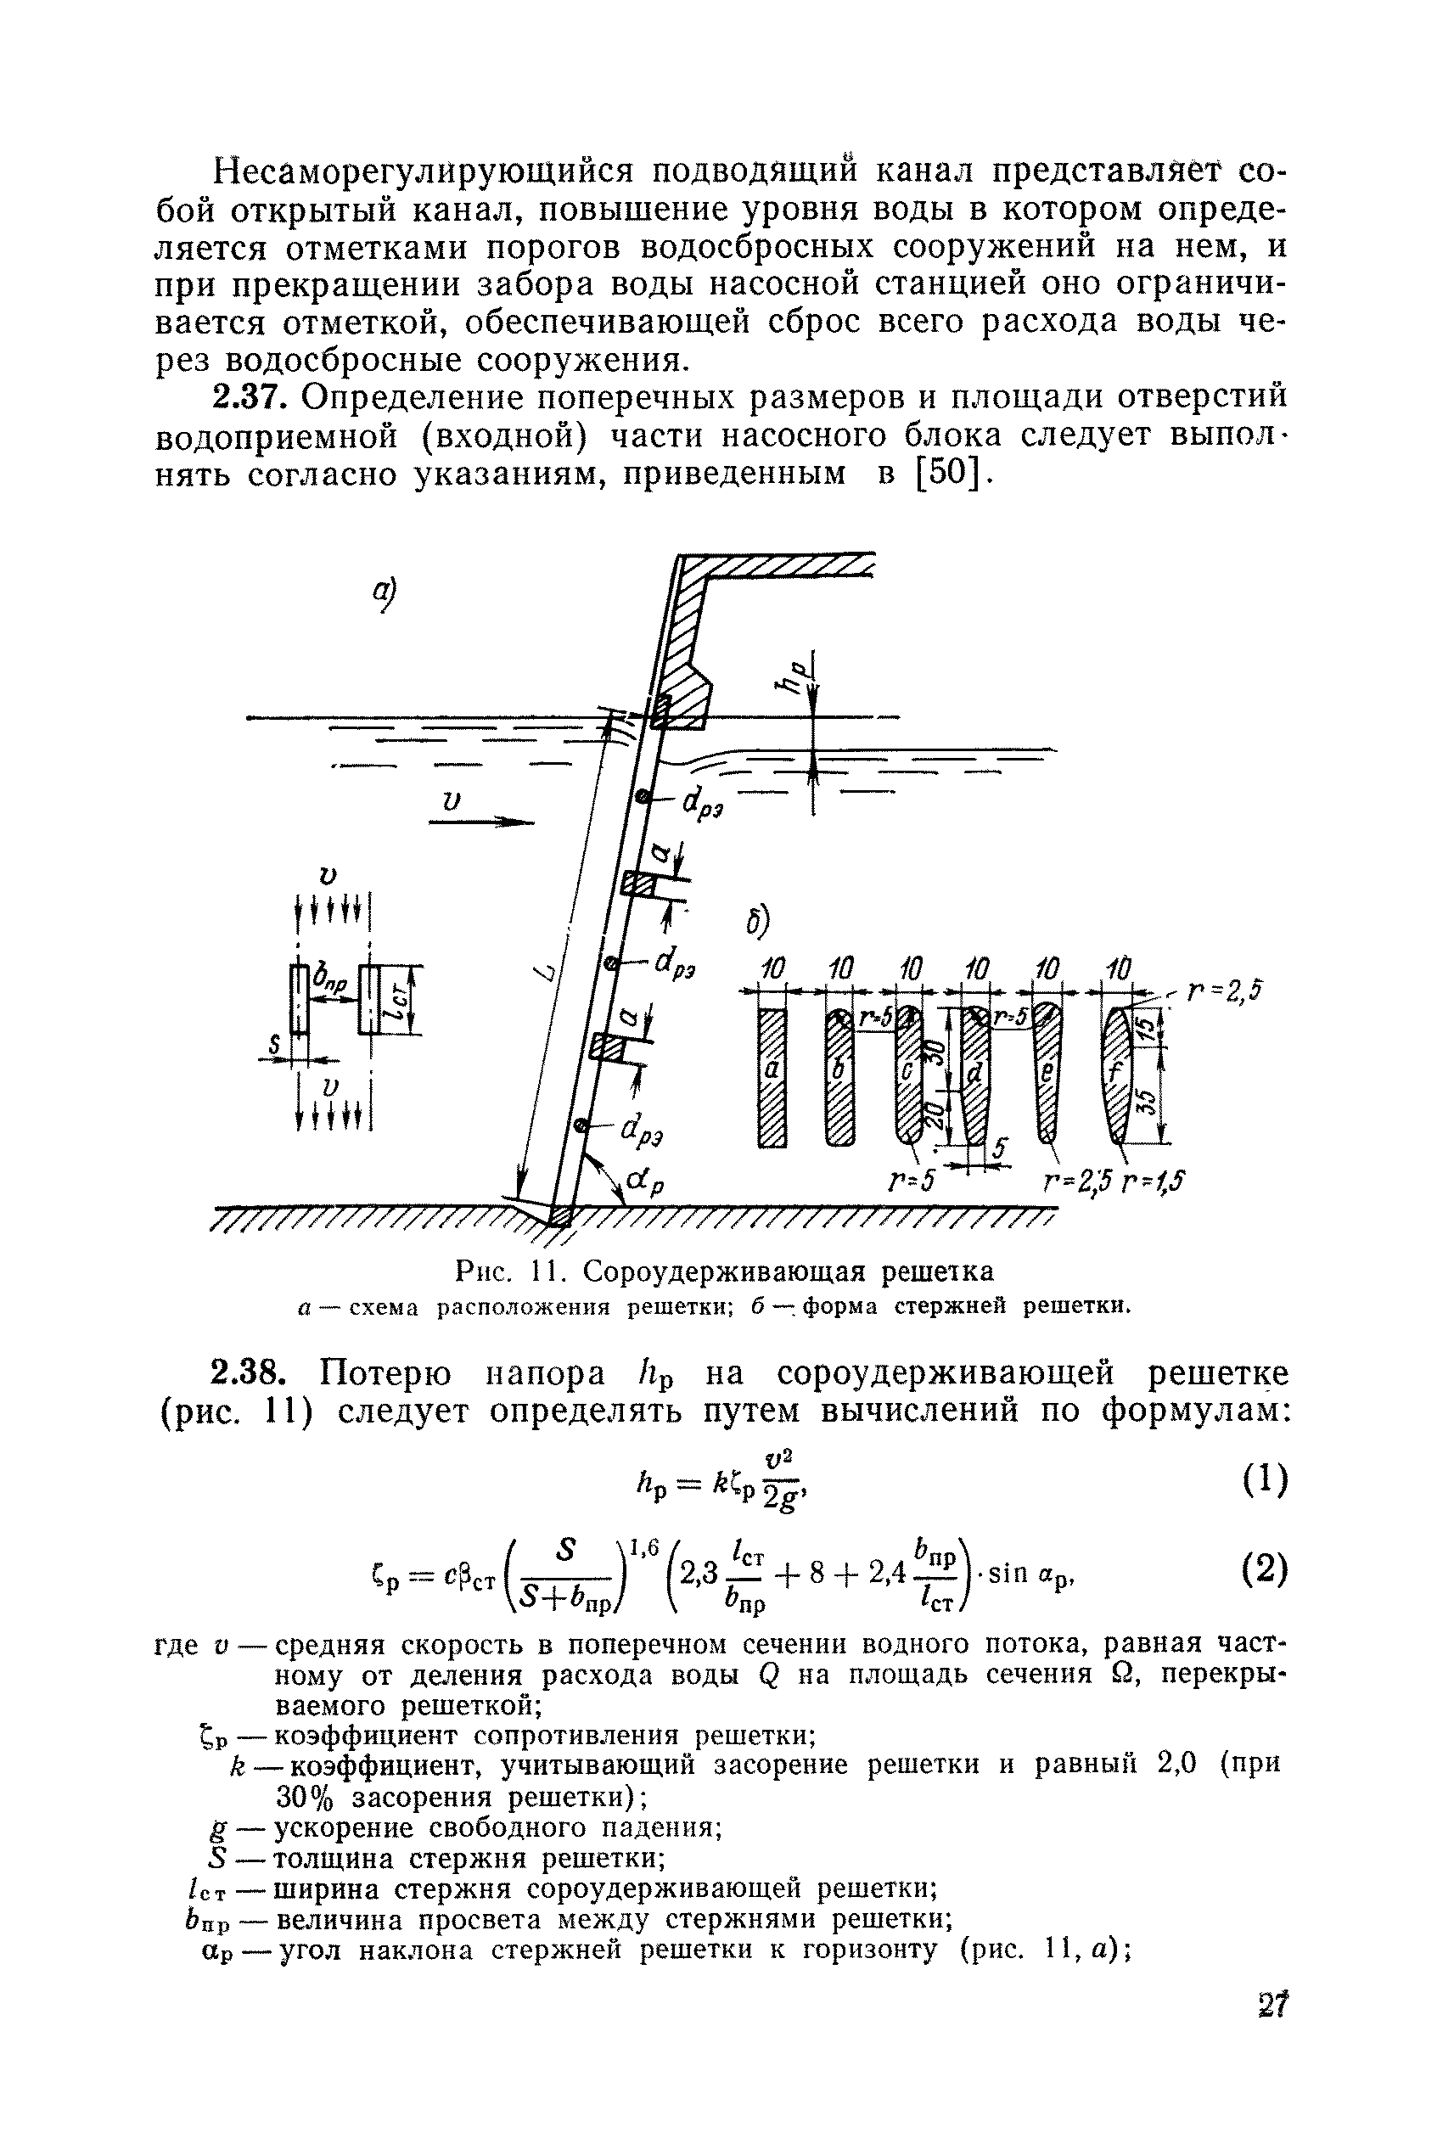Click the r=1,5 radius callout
coord(1154,1181)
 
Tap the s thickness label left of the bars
coord(273,1045)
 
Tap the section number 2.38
coord(246,1372)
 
